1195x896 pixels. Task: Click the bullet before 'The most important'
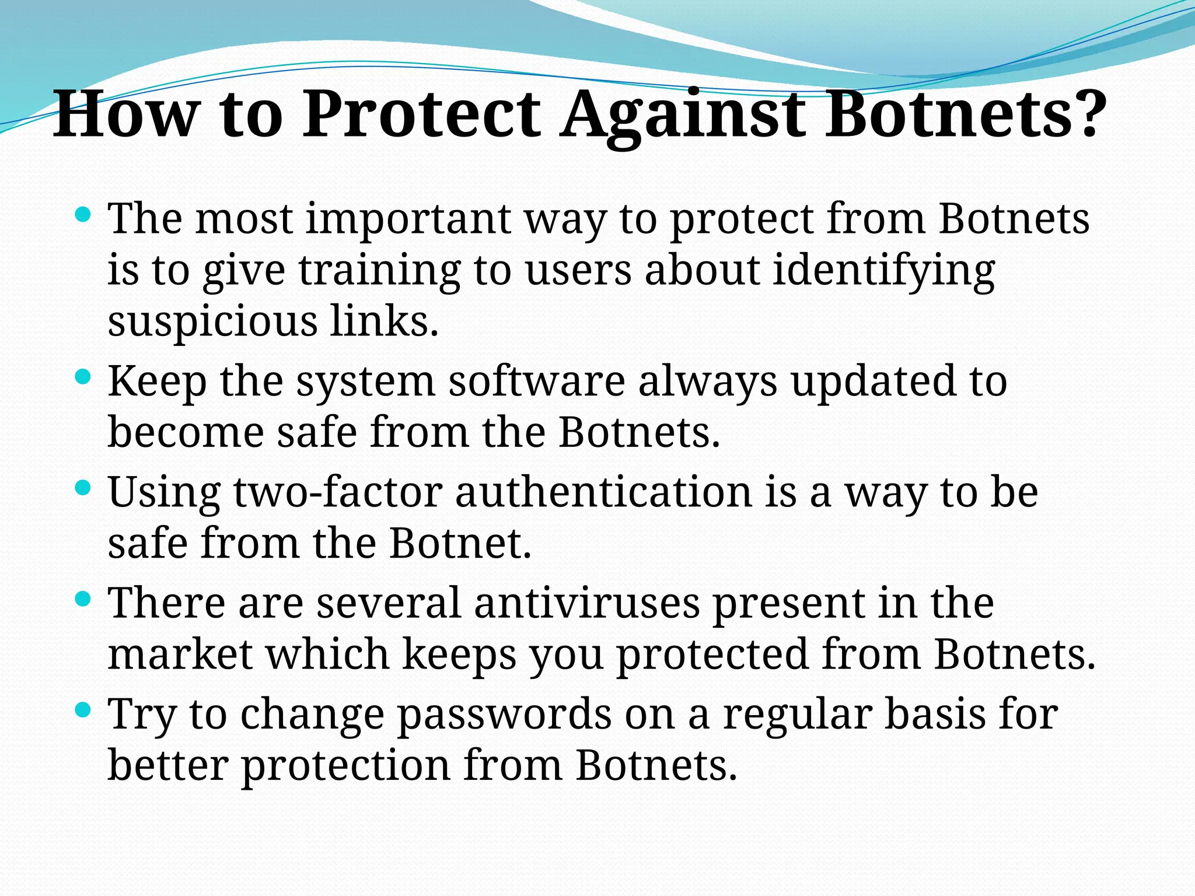(x=83, y=215)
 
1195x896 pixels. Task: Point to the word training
(x=380, y=271)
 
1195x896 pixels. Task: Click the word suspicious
(x=212, y=323)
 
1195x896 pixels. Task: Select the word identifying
(x=883, y=271)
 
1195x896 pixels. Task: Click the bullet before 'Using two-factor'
(x=83, y=488)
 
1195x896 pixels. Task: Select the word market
(x=180, y=654)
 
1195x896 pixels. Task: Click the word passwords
(x=504, y=715)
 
